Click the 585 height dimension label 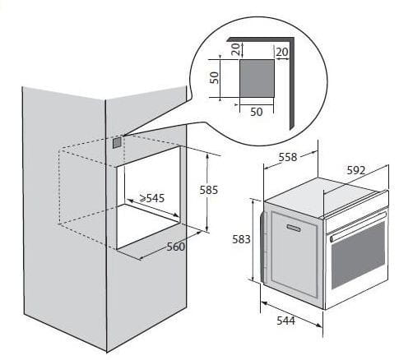click(209, 190)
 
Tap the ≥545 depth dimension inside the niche click(152, 198)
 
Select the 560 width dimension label click(176, 247)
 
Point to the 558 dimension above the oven click(288, 157)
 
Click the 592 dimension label click(356, 170)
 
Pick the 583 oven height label click(241, 239)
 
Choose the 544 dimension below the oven click(285, 321)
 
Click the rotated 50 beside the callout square click(214, 78)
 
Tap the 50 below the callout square click(257, 112)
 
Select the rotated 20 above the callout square click(235, 49)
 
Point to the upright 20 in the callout click(282, 52)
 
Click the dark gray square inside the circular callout click(257, 78)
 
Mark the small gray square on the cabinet click(117, 143)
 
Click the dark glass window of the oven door click(359, 256)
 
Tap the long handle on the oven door click(358, 227)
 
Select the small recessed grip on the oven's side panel click(294, 228)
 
